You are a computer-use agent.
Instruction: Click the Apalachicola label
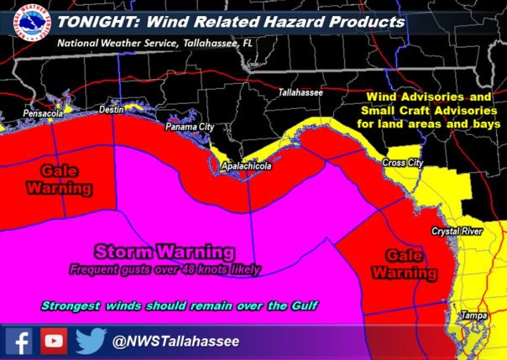coord(245,167)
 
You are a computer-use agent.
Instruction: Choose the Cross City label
coord(402,162)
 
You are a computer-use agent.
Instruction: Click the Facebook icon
coord(19,340)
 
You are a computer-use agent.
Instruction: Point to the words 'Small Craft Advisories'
coord(432,110)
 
